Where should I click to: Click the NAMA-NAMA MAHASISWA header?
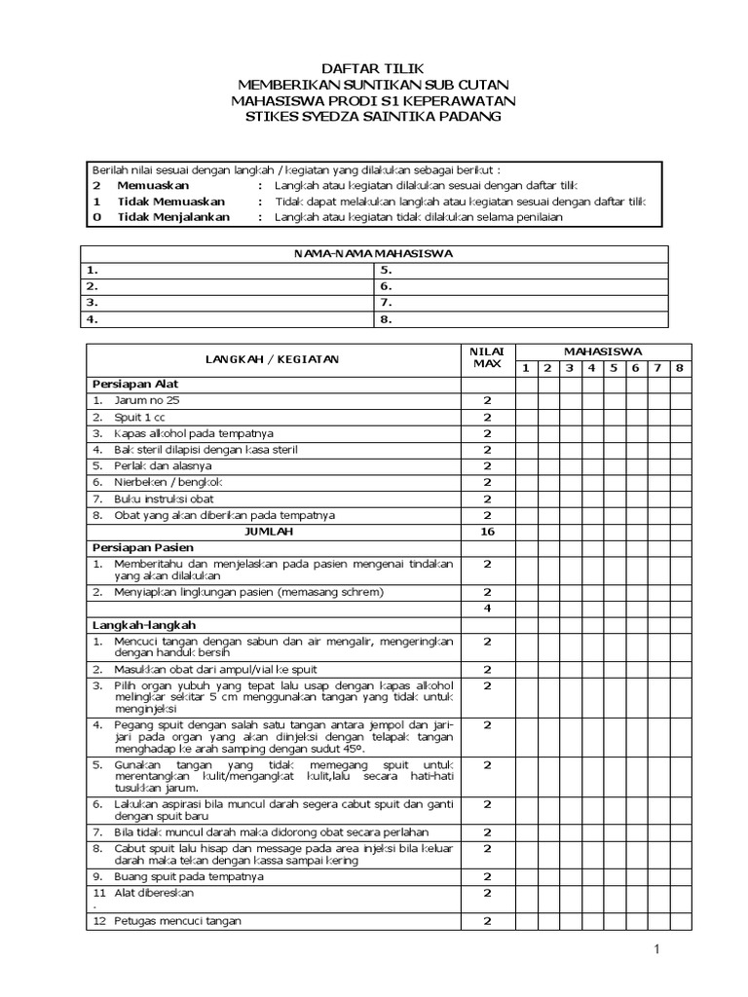click(374, 254)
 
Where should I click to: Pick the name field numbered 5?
click(521, 270)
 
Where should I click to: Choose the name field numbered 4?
click(229, 318)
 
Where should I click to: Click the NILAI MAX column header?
click(486, 357)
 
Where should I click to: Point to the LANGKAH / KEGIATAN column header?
click(272, 359)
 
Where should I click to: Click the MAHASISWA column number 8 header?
click(680, 368)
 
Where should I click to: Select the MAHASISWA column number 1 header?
click(525, 368)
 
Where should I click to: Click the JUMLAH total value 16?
click(487, 532)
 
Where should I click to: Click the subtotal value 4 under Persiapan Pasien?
click(487, 609)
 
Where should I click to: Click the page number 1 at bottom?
click(656, 948)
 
